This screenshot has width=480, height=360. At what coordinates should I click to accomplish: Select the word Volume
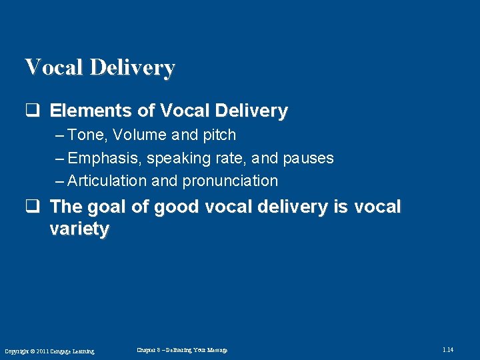pyautogui.click(x=140, y=135)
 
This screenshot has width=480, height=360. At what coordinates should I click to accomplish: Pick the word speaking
pyautogui.click(x=177, y=159)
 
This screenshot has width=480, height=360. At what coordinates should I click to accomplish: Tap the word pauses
pyautogui.click(x=308, y=159)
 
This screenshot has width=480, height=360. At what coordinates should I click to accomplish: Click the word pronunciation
pyautogui.click(x=230, y=181)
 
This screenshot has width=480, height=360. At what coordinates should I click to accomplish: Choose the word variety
pyautogui.click(x=79, y=229)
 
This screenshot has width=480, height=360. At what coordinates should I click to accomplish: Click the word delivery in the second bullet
pyautogui.click(x=290, y=207)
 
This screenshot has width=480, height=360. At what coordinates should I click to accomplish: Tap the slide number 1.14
pyautogui.click(x=448, y=350)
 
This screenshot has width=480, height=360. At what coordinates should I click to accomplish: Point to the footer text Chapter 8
pyautogui.click(x=149, y=350)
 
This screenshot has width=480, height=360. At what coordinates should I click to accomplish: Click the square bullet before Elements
pyautogui.click(x=30, y=111)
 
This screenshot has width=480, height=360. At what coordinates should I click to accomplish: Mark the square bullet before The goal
pyautogui.click(x=30, y=207)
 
